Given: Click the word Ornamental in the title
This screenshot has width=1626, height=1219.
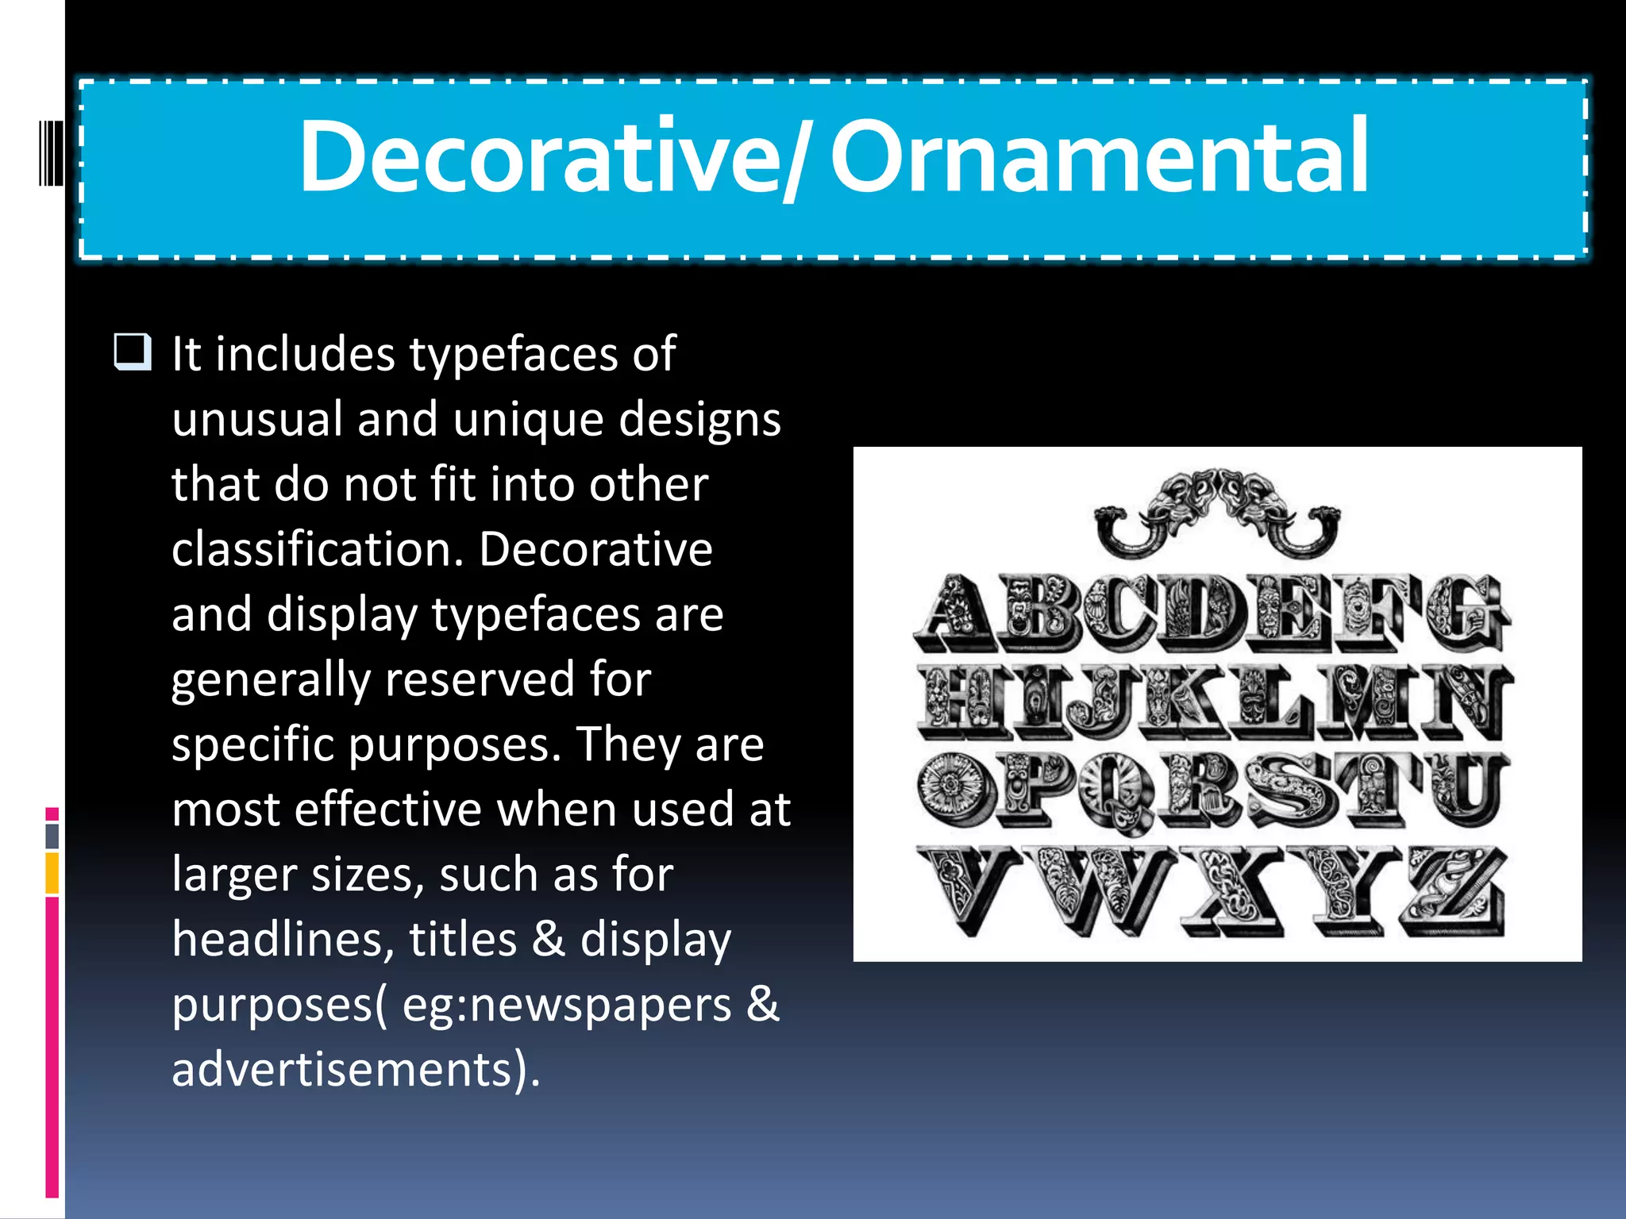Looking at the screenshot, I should pyautogui.click(x=1100, y=156).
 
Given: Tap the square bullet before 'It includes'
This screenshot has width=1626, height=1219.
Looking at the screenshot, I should pyautogui.click(x=132, y=352).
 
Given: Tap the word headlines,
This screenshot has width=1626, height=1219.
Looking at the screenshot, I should pyautogui.click(x=283, y=940).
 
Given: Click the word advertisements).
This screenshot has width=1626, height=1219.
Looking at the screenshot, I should pyautogui.click(x=356, y=1070).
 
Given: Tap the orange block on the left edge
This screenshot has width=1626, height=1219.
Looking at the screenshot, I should pyautogui.click(x=52, y=872).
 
